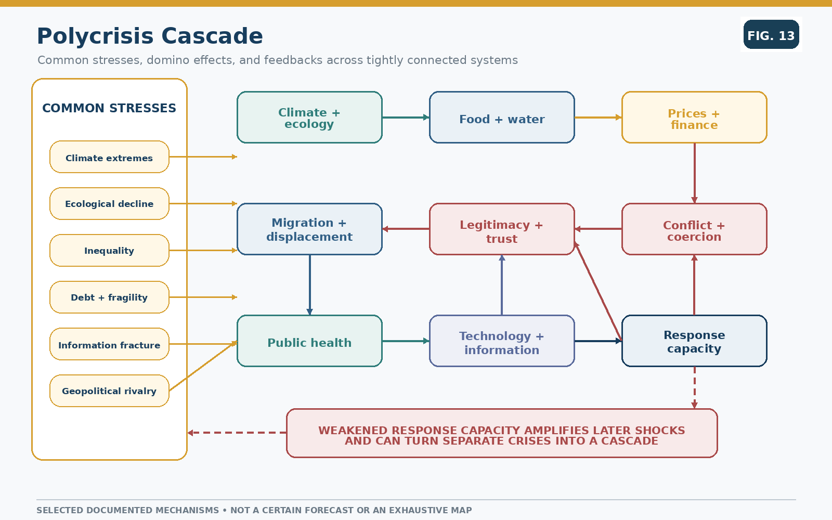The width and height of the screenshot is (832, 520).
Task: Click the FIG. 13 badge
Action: (771, 34)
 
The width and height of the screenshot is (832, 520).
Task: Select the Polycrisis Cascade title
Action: (150, 36)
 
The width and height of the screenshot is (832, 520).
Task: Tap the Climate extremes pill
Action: (109, 157)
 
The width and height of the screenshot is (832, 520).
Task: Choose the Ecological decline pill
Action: (109, 203)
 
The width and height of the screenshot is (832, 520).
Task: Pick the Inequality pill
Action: (109, 250)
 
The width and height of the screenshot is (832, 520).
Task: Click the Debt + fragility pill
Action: (109, 297)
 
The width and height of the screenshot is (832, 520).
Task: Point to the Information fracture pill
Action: (109, 344)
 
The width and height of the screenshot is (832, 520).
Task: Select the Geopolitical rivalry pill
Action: (109, 391)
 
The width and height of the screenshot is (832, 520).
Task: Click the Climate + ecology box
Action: (309, 118)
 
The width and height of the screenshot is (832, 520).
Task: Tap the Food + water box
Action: (502, 118)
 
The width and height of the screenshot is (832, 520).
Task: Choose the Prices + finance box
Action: (694, 118)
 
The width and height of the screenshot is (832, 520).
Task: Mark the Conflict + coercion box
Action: (694, 229)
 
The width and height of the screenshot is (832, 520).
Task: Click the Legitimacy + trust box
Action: (502, 229)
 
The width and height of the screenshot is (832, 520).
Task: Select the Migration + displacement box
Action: (309, 229)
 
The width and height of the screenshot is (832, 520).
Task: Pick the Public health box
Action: (309, 341)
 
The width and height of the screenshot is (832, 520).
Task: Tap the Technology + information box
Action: (502, 341)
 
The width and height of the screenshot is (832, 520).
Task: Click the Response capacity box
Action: (694, 341)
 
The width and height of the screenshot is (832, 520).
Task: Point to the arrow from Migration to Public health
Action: (310, 285)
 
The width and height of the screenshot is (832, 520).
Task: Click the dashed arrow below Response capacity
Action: (695, 388)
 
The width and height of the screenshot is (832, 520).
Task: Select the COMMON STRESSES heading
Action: (109, 108)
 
